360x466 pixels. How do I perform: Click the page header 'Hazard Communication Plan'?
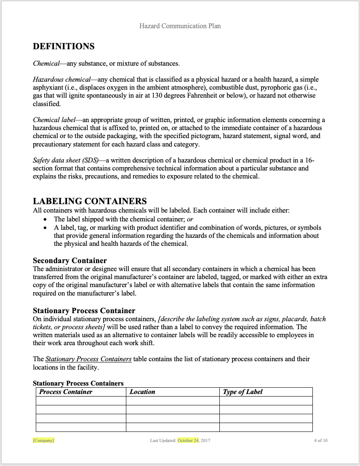pos(180,26)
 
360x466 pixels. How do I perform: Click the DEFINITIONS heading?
pos(64,46)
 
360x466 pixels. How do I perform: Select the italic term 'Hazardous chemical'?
pos(61,80)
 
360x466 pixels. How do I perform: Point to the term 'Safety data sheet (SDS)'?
pos(66,160)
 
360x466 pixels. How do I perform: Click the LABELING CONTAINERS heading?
pos(90,201)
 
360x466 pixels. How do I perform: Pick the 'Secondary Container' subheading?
pos(69,261)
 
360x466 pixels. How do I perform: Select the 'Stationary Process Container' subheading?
pos(84,311)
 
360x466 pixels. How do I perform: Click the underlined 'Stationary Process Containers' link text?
pos(88,359)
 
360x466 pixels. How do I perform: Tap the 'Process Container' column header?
pos(66,392)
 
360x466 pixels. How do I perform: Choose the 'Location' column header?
pos(142,392)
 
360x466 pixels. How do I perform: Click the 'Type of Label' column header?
pos(243,392)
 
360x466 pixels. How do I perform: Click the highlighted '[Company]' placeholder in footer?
pos(43,441)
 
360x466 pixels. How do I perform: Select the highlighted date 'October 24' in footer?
pos(188,441)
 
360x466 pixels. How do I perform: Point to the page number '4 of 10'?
pos(320,441)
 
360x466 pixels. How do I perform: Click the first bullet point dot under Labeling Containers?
pos(45,220)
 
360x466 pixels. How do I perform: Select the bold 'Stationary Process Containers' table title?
pos(78,383)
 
